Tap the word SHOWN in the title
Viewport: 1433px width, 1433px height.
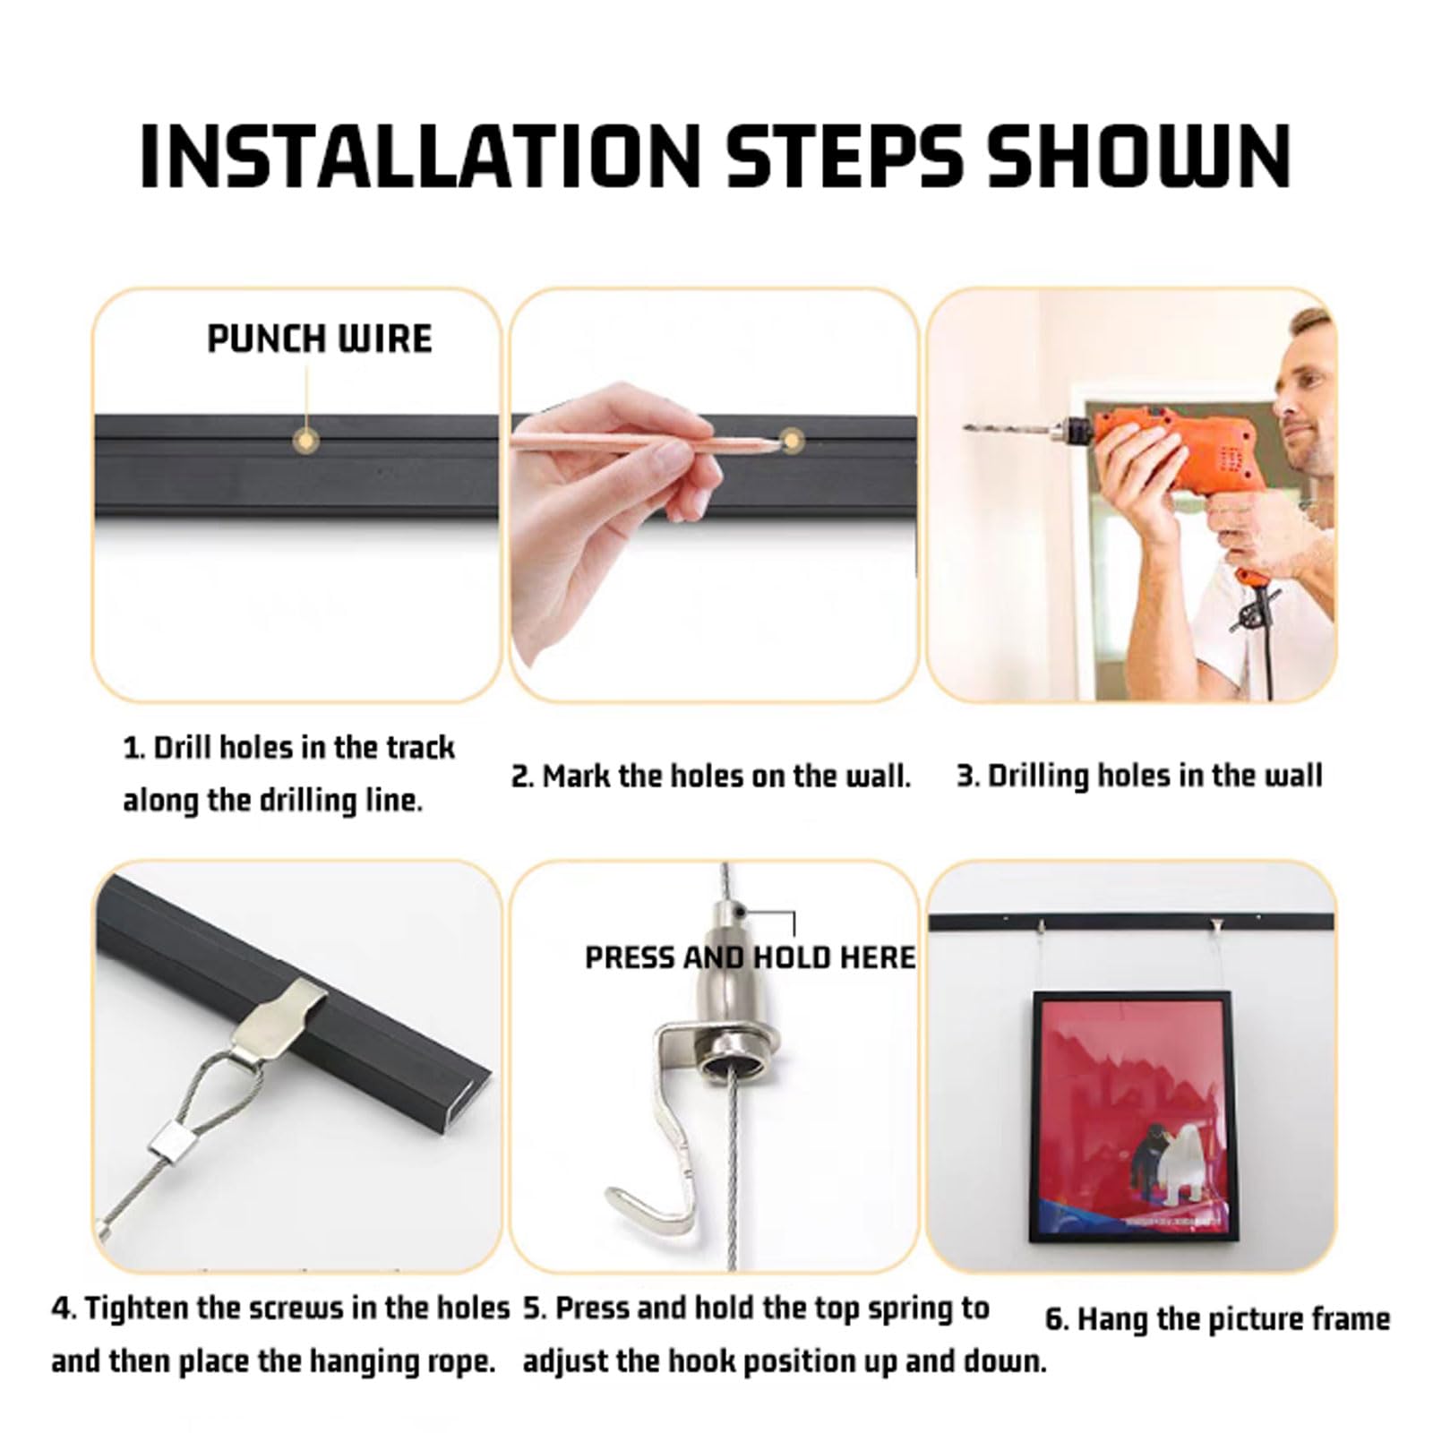pos(1137,156)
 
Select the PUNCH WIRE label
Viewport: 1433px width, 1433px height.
pos(320,339)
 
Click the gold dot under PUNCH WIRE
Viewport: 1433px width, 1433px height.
pos(306,441)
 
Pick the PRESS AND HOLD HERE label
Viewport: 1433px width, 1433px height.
pos(751,957)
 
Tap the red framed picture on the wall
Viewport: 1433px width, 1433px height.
pos(1131,1116)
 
